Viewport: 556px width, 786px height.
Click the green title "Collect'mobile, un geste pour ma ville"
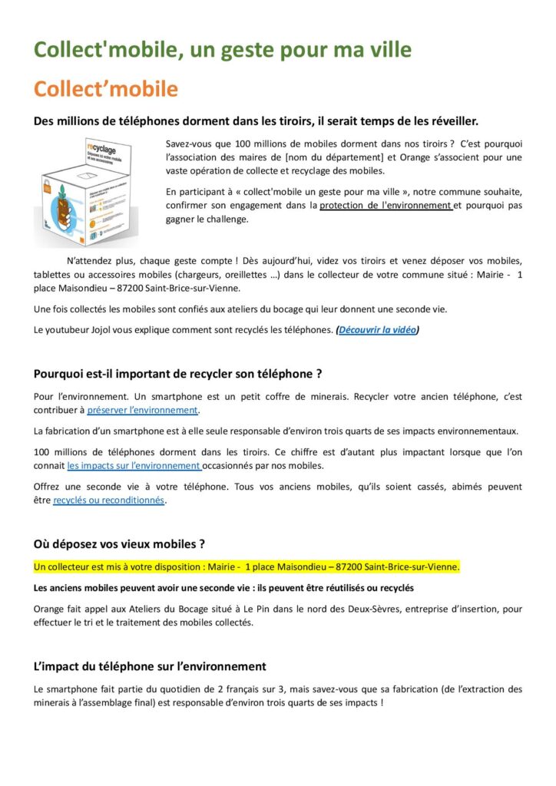pyautogui.click(x=223, y=51)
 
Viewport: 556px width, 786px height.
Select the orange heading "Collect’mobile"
pyautogui.click(x=105, y=89)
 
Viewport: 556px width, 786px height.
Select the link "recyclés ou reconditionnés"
pyautogui.click(x=108, y=500)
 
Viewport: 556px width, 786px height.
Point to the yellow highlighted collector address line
pyautogui.click(x=247, y=567)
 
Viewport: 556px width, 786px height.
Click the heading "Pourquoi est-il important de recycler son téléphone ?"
pyautogui.click(x=177, y=375)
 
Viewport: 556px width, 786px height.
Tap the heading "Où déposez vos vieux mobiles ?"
pyautogui.click(x=119, y=544)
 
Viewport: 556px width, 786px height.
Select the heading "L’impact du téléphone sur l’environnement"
pyautogui.click(x=150, y=666)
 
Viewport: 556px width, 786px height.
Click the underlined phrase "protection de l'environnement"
pyautogui.click(x=385, y=206)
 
